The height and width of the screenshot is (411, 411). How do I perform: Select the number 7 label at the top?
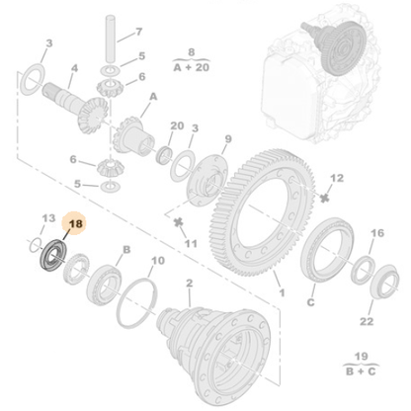pos(138,32)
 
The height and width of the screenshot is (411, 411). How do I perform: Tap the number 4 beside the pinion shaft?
pos(72,70)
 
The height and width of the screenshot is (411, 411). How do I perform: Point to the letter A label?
pos(153,97)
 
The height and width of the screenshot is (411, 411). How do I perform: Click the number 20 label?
pos(178,125)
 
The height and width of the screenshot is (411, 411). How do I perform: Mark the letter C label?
pos(310,302)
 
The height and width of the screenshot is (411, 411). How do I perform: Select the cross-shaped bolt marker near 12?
pos(325,195)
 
